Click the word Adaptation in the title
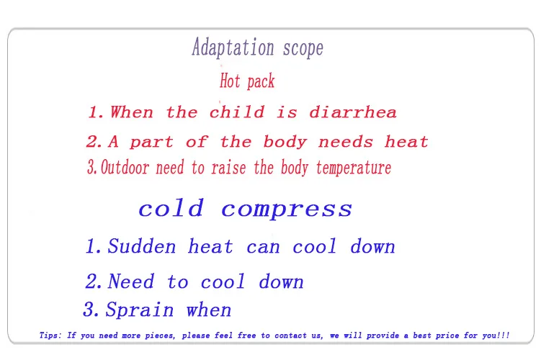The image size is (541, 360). (x=233, y=47)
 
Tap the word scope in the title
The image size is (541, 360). (x=303, y=49)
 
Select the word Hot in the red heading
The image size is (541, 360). (x=230, y=81)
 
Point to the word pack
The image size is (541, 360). (x=261, y=82)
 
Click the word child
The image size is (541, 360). (x=237, y=112)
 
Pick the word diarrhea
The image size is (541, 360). (x=353, y=112)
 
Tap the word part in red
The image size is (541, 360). (x=151, y=143)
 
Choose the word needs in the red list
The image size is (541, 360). (x=346, y=142)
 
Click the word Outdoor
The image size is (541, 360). (x=125, y=167)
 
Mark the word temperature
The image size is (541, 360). (x=354, y=168)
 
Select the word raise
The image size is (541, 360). (x=228, y=168)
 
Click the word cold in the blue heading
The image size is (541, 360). (x=171, y=208)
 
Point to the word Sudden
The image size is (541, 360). (x=141, y=246)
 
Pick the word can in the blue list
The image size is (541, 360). (x=263, y=248)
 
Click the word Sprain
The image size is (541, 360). (x=139, y=310)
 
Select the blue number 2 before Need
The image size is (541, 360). (x=91, y=281)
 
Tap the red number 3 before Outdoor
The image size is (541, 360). (x=91, y=167)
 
